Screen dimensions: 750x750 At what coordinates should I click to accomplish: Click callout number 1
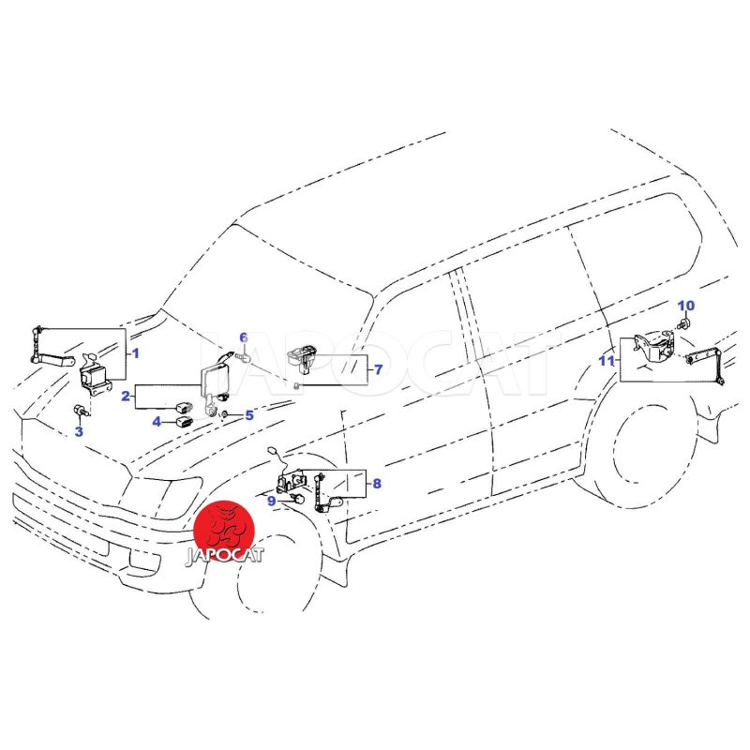(135, 353)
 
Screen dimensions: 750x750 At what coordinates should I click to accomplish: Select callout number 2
(126, 396)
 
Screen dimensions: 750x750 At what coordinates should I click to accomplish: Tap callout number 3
(79, 431)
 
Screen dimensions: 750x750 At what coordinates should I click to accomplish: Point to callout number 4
(157, 422)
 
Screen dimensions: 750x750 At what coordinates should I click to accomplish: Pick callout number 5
(249, 415)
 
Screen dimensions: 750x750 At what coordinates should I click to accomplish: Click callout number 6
(244, 338)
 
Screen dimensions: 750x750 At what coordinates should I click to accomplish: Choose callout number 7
(379, 369)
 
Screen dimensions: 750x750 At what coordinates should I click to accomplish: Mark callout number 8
(377, 484)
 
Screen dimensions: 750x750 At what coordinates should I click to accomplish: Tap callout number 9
(272, 501)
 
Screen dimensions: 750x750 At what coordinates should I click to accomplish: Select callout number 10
(686, 306)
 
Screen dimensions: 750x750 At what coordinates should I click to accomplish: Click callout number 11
(607, 360)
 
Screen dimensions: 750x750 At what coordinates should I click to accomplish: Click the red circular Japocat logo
(224, 532)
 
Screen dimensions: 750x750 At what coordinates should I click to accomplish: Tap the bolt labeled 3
(79, 411)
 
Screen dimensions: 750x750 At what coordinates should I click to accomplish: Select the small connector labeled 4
(185, 422)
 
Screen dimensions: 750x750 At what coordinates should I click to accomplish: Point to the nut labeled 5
(224, 413)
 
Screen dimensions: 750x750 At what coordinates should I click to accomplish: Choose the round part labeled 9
(299, 500)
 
